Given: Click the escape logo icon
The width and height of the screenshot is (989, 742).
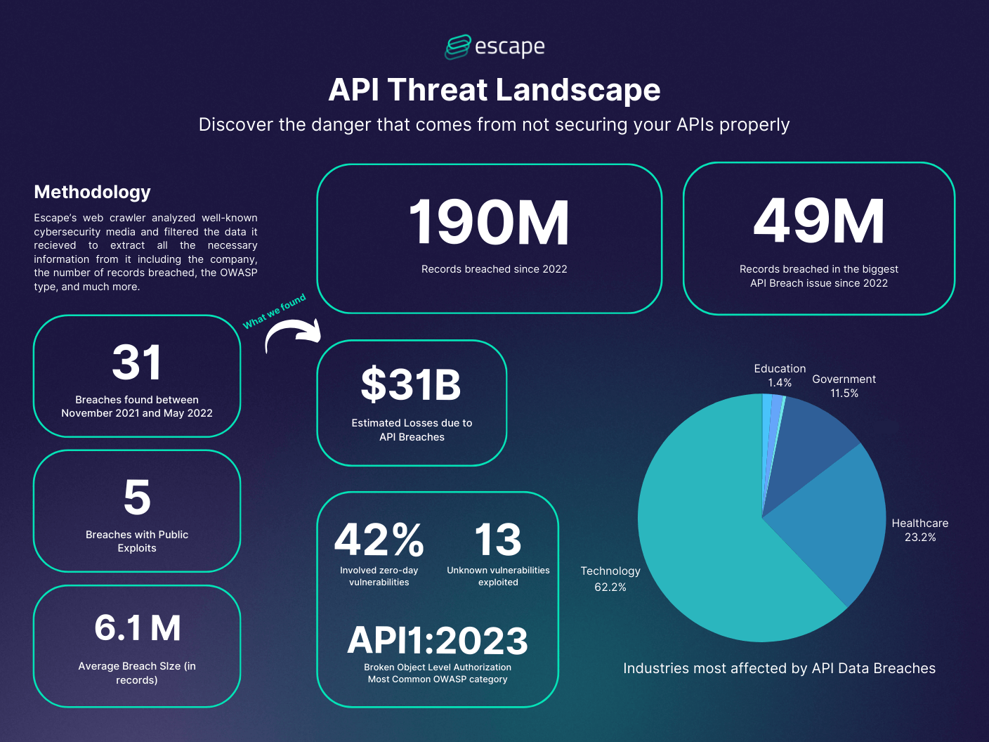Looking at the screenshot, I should tap(457, 47).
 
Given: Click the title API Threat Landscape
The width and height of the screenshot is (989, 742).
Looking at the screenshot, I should tap(494, 90).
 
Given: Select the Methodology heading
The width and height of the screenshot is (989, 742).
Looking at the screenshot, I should tap(92, 192).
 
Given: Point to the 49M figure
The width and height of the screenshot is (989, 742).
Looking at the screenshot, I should tap(818, 221).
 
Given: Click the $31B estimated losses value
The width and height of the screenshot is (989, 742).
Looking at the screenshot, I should tap(411, 385).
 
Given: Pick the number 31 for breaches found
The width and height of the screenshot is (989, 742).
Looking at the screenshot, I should tap(137, 363).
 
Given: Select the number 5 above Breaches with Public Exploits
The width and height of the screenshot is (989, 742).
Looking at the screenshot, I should tap(137, 497).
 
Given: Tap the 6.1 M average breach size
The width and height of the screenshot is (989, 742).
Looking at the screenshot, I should tap(137, 628).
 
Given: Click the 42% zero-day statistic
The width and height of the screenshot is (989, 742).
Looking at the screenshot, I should tap(379, 540).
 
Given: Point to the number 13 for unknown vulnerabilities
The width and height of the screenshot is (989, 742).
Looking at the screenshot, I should tap(497, 540).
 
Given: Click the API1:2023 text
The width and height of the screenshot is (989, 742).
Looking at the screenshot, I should tap(437, 641).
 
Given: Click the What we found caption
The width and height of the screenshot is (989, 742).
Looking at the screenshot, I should tap(275, 311).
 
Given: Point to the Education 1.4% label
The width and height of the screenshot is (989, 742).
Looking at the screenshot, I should tap(780, 375).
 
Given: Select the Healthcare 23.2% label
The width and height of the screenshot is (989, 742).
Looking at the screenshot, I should tap(919, 530).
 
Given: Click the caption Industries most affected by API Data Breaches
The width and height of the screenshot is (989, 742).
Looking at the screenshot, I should tap(779, 668).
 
